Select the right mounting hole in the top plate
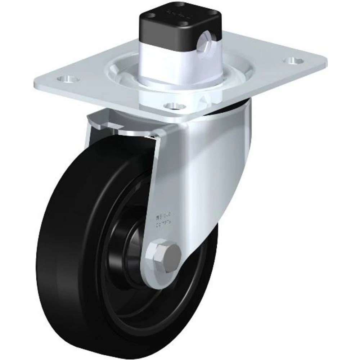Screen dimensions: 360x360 (295, 60)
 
